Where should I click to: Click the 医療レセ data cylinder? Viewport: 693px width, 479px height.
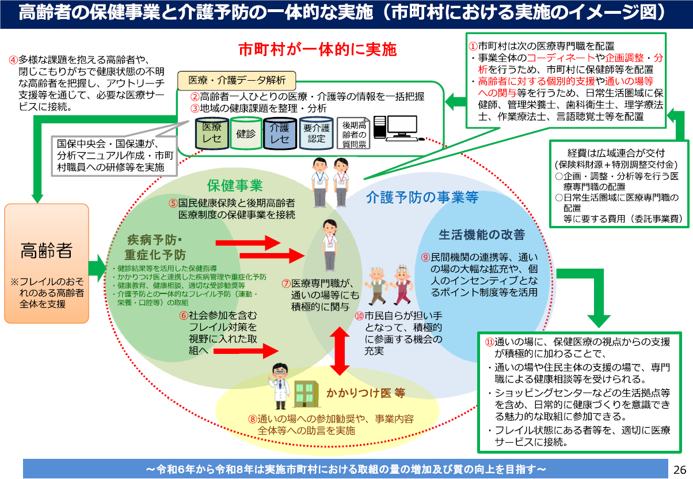211,134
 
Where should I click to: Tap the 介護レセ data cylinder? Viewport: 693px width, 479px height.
280,134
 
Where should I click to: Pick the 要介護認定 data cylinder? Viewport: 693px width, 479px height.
316,134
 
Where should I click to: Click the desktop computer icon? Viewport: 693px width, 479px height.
395,127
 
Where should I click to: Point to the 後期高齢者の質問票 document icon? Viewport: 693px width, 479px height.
353,134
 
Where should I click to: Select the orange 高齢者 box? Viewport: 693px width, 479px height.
47,263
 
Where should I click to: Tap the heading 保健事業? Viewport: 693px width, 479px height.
235,186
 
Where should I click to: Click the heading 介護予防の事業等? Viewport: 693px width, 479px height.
422,198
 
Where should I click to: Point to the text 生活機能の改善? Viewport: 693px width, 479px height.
482,235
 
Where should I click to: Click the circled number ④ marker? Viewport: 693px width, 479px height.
13,59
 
